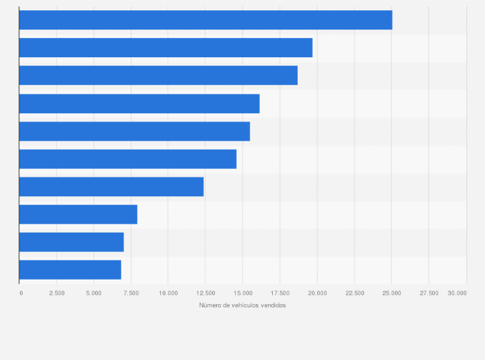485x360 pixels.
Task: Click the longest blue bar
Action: pos(205,20)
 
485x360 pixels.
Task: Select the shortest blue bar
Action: pos(70,270)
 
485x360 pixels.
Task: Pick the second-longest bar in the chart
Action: pos(165,48)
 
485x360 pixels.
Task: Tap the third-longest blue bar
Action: pos(158,75)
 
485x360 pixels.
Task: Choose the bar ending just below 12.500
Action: pos(111,186)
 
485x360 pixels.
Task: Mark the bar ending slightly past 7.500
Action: pos(78,214)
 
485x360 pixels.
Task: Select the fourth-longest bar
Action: pos(139,104)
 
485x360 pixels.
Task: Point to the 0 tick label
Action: pos(21,293)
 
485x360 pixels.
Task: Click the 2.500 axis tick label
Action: pos(57,293)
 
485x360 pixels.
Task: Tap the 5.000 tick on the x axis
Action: pos(94,293)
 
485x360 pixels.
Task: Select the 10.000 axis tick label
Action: pos(169,293)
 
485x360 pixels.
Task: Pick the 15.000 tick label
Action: pos(243,293)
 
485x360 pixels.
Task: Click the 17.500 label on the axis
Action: pos(280,293)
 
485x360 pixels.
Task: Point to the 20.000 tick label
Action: pos(318,293)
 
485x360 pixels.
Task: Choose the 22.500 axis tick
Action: pos(355,293)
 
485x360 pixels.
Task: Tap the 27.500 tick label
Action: pos(429,293)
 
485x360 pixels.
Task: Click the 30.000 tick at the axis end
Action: pos(457,293)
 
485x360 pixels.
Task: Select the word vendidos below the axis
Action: pos(273,305)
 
